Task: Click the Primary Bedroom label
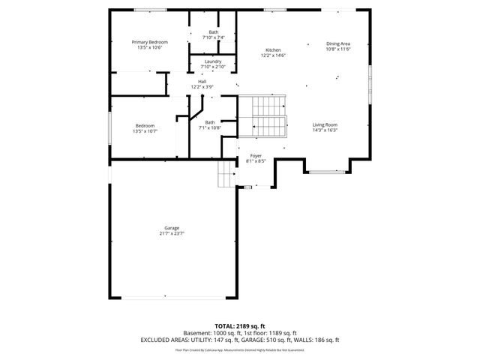point(149,42)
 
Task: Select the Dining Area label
point(338,43)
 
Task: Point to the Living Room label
point(325,124)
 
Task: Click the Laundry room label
point(213,61)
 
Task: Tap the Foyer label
point(256,155)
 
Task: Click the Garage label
point(172,228)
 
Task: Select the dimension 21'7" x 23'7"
point(172,233)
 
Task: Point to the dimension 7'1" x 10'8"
point(209,127)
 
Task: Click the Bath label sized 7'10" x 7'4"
point(213,32)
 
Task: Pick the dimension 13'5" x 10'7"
point(145,130)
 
